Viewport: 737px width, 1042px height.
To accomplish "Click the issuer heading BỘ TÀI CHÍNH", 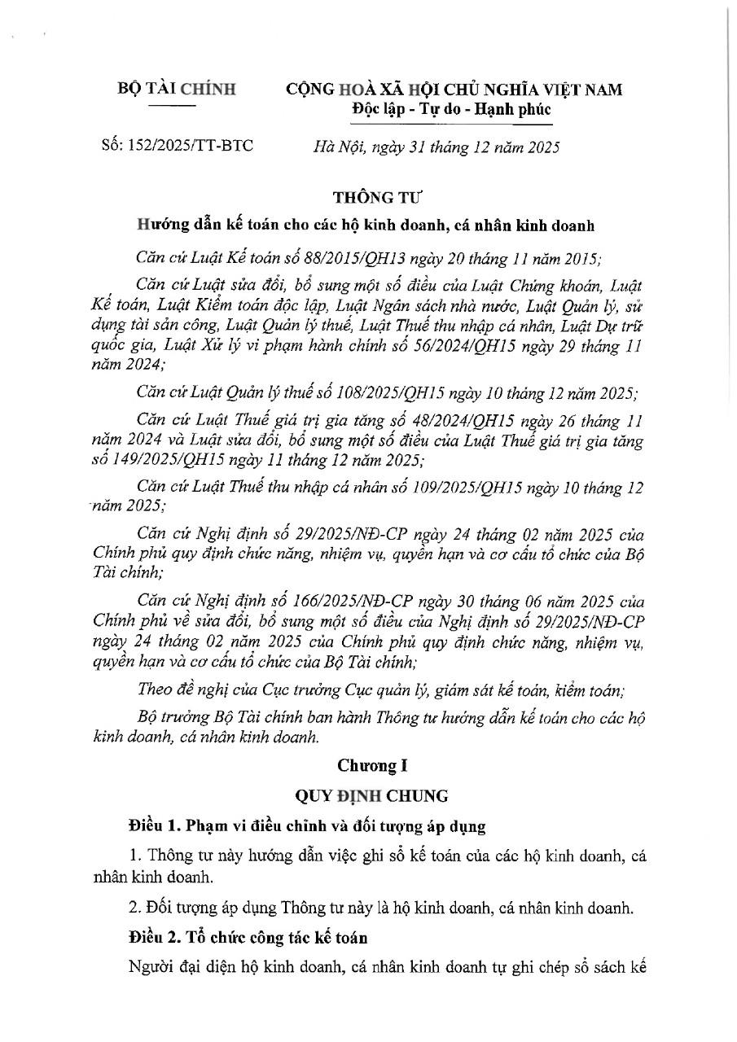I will point(176,89).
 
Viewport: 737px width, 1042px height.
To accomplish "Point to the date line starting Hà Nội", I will point(436,147).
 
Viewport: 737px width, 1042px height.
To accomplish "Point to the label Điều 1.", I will point(153,826).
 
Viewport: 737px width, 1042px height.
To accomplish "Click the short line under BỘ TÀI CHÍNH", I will point(175,105).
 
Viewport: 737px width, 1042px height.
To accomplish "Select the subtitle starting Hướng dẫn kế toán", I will point(366,225).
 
